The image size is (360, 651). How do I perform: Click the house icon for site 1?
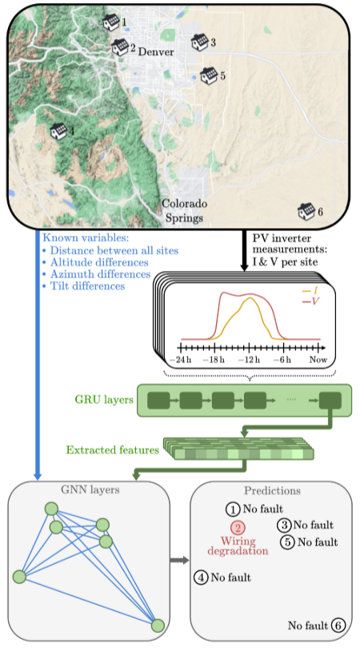click(x=111, y=22)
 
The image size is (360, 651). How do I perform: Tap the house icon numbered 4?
click(x=58, y=131)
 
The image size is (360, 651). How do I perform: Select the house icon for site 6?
click(x=306, y=211)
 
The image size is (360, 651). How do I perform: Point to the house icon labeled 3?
click(x=199, y=42)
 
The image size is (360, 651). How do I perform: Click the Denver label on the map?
click(x=156, y=52)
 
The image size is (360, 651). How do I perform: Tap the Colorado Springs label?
click(x=184, y=210)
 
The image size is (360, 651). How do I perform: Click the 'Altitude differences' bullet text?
click(x=99, y=262)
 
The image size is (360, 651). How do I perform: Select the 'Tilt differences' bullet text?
click(x=88, y=286)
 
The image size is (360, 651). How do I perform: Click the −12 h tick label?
click(x=249, y=360)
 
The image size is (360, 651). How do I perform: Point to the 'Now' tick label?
click(x=318, y=360)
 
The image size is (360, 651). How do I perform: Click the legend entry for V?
click(x=312, y=302)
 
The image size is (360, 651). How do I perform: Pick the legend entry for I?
click(x=310, y=291)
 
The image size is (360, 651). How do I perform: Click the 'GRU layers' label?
click(x=104, y=399)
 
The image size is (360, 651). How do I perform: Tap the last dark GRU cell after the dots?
click(x=330, y=400)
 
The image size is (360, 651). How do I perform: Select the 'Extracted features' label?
click(x=113, y=450)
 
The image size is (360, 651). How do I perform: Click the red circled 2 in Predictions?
click(x=238, y=528)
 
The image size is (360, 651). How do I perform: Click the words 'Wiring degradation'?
click(x=238, y=546)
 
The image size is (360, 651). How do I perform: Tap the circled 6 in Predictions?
click(x=338, y=625)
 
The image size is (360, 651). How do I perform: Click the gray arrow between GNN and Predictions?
click(x=179, y=561)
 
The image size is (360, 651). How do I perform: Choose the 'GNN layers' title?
click(x=90, y=490)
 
